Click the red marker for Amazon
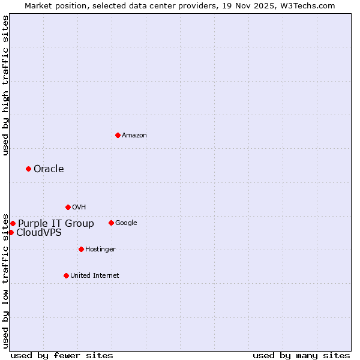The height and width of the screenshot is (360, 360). point(118,135)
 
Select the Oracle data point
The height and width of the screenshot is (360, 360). point(28,169)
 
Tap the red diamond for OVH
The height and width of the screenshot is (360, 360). point(68,207)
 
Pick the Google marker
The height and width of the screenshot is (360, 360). point(111,223)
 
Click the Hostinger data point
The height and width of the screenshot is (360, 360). point(81,249)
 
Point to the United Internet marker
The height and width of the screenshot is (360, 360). point(66,275)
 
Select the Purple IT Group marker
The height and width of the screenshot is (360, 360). point(13,223)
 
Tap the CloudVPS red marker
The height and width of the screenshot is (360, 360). point(11,232)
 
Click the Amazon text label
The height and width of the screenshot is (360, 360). point(134,136)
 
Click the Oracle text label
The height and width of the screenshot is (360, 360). point(49,169)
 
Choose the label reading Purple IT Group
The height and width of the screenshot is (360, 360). point(56,223)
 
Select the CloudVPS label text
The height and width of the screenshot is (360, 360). point(38,232)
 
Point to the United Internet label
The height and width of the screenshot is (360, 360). point(94,275)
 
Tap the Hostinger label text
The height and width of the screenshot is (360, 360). point(100,249)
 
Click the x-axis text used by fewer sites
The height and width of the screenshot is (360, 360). point(62,355)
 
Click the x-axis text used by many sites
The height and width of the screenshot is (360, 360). point(301,355)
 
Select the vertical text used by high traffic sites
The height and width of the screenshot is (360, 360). point(5,85)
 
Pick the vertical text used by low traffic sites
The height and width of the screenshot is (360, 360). point(5,280)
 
